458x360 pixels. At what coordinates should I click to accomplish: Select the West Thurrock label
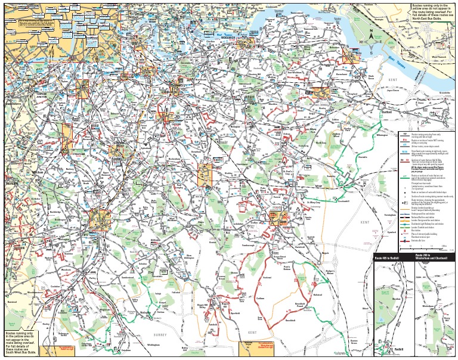pyautogui.click(x=438, y=57)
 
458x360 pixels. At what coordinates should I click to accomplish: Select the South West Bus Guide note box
pyautogui.click(x=21, y=344)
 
